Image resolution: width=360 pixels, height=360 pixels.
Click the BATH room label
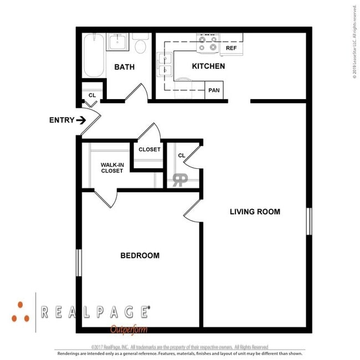[125, 67]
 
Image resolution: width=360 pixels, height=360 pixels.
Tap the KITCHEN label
[208, 66]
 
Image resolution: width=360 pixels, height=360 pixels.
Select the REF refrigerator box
[232, 48]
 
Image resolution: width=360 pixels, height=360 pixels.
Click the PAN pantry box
[213, 90]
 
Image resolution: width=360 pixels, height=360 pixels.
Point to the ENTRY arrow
[81, 120]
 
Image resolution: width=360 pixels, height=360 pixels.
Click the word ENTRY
[61, 120]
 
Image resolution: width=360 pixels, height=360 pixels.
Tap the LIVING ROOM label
[255, 212]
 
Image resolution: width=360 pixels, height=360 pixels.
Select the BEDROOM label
[140, 255]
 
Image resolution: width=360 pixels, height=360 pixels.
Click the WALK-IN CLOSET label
[112, 167]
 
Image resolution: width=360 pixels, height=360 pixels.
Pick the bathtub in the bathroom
[94, 55]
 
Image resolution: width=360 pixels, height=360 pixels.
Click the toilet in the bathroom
[140, 45]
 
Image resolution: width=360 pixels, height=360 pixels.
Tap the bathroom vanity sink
[118, 42]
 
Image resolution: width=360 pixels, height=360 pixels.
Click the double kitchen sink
[164, 65]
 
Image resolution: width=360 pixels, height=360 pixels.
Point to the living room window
[308, 221]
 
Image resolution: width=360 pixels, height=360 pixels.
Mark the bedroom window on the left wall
[79, 262]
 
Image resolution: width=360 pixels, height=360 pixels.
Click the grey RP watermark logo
[180, 179]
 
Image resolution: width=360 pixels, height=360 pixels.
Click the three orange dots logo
[21, 311]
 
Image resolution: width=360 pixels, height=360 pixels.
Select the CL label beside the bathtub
[92, 95]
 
